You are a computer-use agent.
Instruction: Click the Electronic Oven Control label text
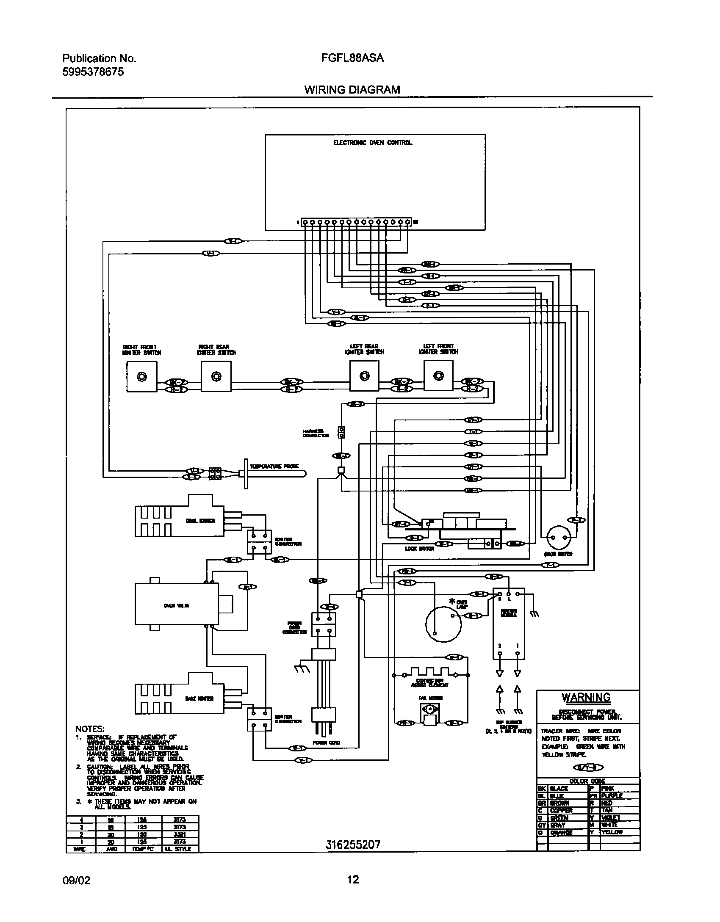pos(372,143)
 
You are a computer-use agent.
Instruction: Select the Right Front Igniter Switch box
pos(142,376)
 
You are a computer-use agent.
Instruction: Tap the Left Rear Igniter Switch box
pos(364,376)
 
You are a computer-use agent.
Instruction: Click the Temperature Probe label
pos(274,466)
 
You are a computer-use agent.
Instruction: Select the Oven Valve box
pos(177,605)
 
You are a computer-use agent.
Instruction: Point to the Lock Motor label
pos(420,549)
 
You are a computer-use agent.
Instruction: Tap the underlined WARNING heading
pos(586,697)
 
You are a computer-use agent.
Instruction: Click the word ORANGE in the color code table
pos(561,832)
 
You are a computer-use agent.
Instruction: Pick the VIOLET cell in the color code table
pos(611,818)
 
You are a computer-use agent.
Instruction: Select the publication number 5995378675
pos(93,72)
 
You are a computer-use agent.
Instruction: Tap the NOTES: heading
pos(90,729)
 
